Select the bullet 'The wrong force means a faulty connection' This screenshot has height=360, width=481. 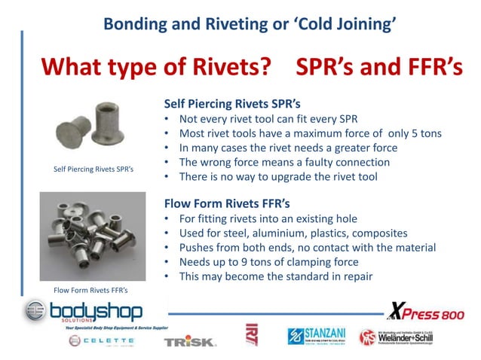click(284, 162)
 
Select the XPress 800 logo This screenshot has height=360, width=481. click(425, 310)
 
